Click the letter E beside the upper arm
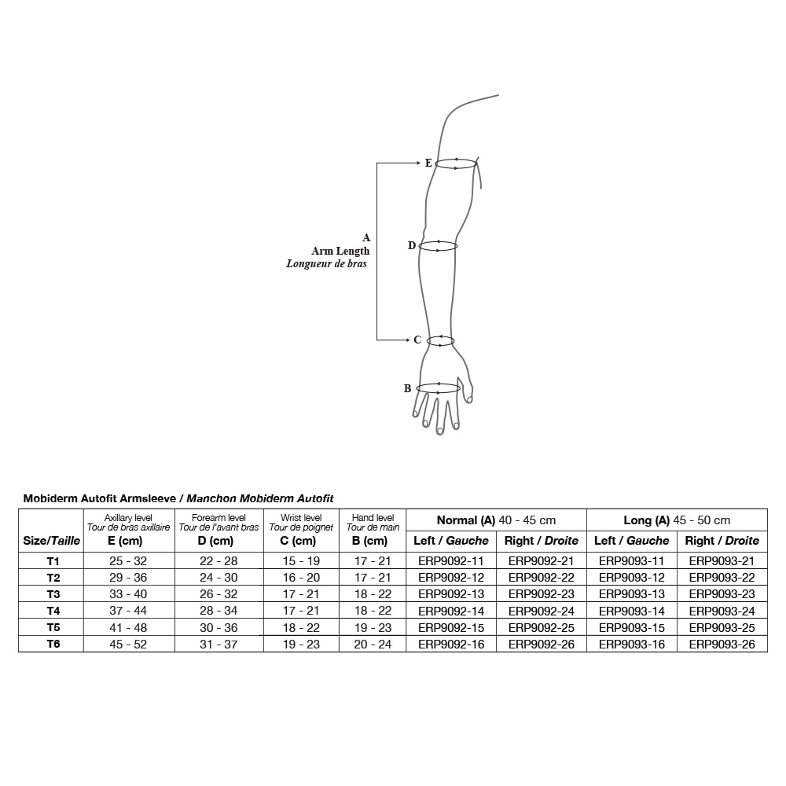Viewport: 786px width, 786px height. pyautogui.click(x=428, y=163)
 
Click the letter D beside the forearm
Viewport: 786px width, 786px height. pyautogui.click(x=411, y=246)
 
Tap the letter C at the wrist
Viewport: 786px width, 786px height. pyautogui.click(x=417, y=340)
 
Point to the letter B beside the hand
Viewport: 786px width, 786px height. pyautogui.click(x=407, y=388)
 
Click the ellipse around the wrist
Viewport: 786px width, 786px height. pyautogui.click(x=441, y=340)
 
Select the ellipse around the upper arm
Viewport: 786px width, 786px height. pyautogui.click(x=456, y=163)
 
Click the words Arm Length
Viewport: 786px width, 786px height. pyautogui.click(x=340, y=251)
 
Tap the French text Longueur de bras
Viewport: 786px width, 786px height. pyautogui.click(x=326, y=264)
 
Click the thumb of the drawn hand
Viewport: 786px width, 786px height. pyautogui.click(x=469, y=391)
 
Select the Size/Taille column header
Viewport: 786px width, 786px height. pyautogui.click(x=51, y=541)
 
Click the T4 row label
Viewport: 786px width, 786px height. pyautogui.click(x=53, y=611)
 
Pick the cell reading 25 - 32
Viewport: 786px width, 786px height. pyautogui.click(x=127, y=561)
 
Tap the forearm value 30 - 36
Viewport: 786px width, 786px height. pyautogui.click(x=218, y=627)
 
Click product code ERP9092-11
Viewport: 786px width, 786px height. pyautogui.click(x=451, y=561)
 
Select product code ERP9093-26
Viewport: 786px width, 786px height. pyautogui.click(x=722, y=644)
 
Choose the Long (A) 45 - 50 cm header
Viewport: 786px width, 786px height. pyautogui.click(x=677, y=520)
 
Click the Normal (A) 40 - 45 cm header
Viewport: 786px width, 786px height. pyautogui.click(x=496, y=520)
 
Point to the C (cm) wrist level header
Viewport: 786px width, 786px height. pyautogui.click(x=301, y=541)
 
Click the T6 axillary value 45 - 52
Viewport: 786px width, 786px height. pyautogui.click(x=127, y=644)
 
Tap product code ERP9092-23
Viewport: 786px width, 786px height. pyautogui.click(x=542, y=594)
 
